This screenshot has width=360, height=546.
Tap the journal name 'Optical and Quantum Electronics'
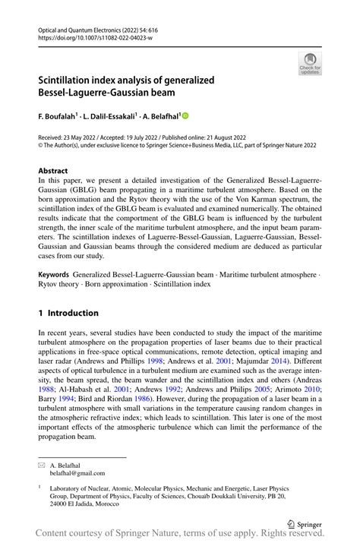pyautogui.click(x=81, y=28)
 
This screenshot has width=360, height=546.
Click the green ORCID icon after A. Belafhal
pyautogui.click(x=184, y=116)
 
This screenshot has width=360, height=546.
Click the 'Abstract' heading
pyautogui.click(x=52, y=172)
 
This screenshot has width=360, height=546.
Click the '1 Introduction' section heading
pyautogui.click(x=68, y=313)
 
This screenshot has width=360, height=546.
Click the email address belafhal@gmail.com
pyautogui.click(x=78, y=472)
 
